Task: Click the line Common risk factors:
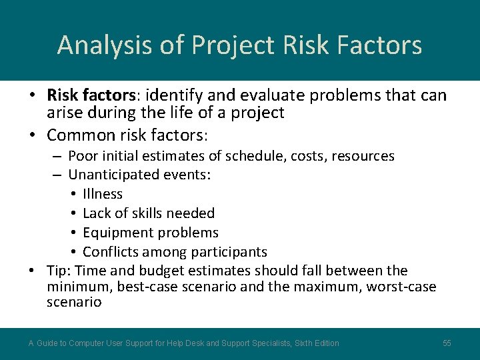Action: pos(127,135)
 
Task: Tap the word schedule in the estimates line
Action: pos(253,156)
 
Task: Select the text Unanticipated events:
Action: pos(139,175)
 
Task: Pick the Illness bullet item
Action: pos(103,194)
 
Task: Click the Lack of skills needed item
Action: pos(148,213)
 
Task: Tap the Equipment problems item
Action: pos(150,233)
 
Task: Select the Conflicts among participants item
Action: pos(175,252)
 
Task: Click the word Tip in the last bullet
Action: pos(59,271)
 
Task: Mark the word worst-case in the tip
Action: pos(401,287)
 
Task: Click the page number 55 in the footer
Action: pos(447,343)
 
